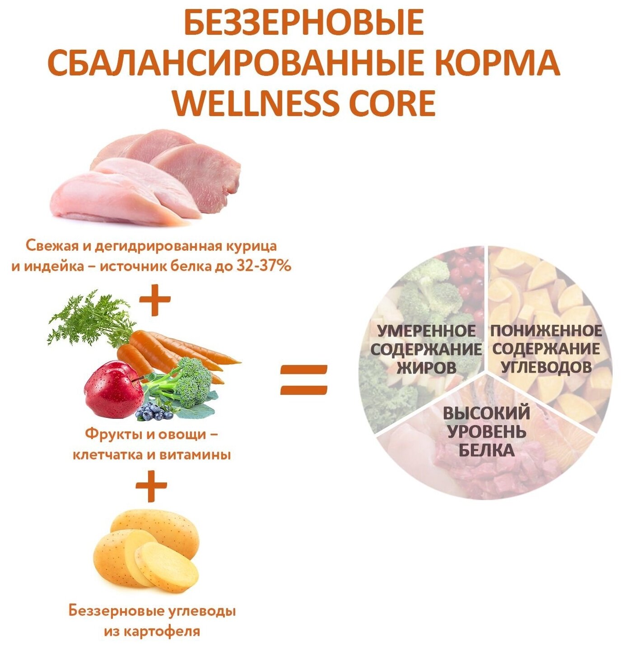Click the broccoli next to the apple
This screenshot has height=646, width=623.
pyautogui.click(x=192, y=382)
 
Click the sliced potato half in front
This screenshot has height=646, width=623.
pyautogui.click(x=167, y=567)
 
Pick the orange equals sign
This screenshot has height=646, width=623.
pyautogui.click(x=303, y=379)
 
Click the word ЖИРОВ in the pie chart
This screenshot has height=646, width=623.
pyautogui.click(x=426, y=368)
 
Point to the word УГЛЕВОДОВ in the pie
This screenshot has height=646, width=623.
pyautogui.click(x=546, y=367)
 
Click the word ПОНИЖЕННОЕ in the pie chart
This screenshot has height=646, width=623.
pyautogui.click(x=546, y=331)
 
